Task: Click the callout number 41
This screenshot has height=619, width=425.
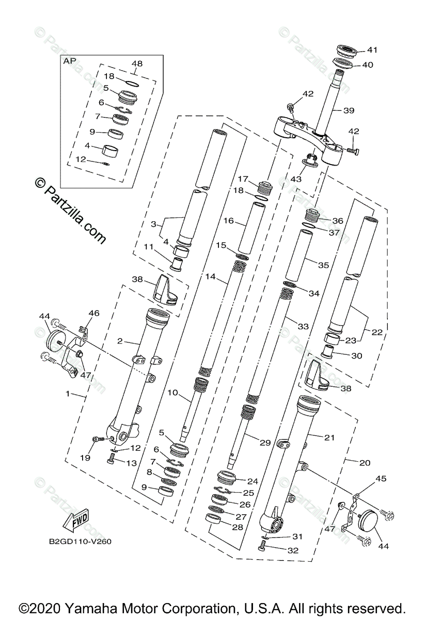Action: (x=372, y=50)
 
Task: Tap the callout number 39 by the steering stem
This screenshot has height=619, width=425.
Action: (x=335, y=110)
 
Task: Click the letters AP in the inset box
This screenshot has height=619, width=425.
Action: (x=69, y=60)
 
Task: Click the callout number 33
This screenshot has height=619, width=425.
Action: (x=303, y=327)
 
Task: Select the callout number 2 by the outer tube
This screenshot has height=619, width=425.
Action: (x=119, y=341)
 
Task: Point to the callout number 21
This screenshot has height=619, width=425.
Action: (x=329, y=437)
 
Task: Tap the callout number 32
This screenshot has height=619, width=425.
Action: (x=293, y=550)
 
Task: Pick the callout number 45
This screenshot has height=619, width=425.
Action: (x=381, y=479)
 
